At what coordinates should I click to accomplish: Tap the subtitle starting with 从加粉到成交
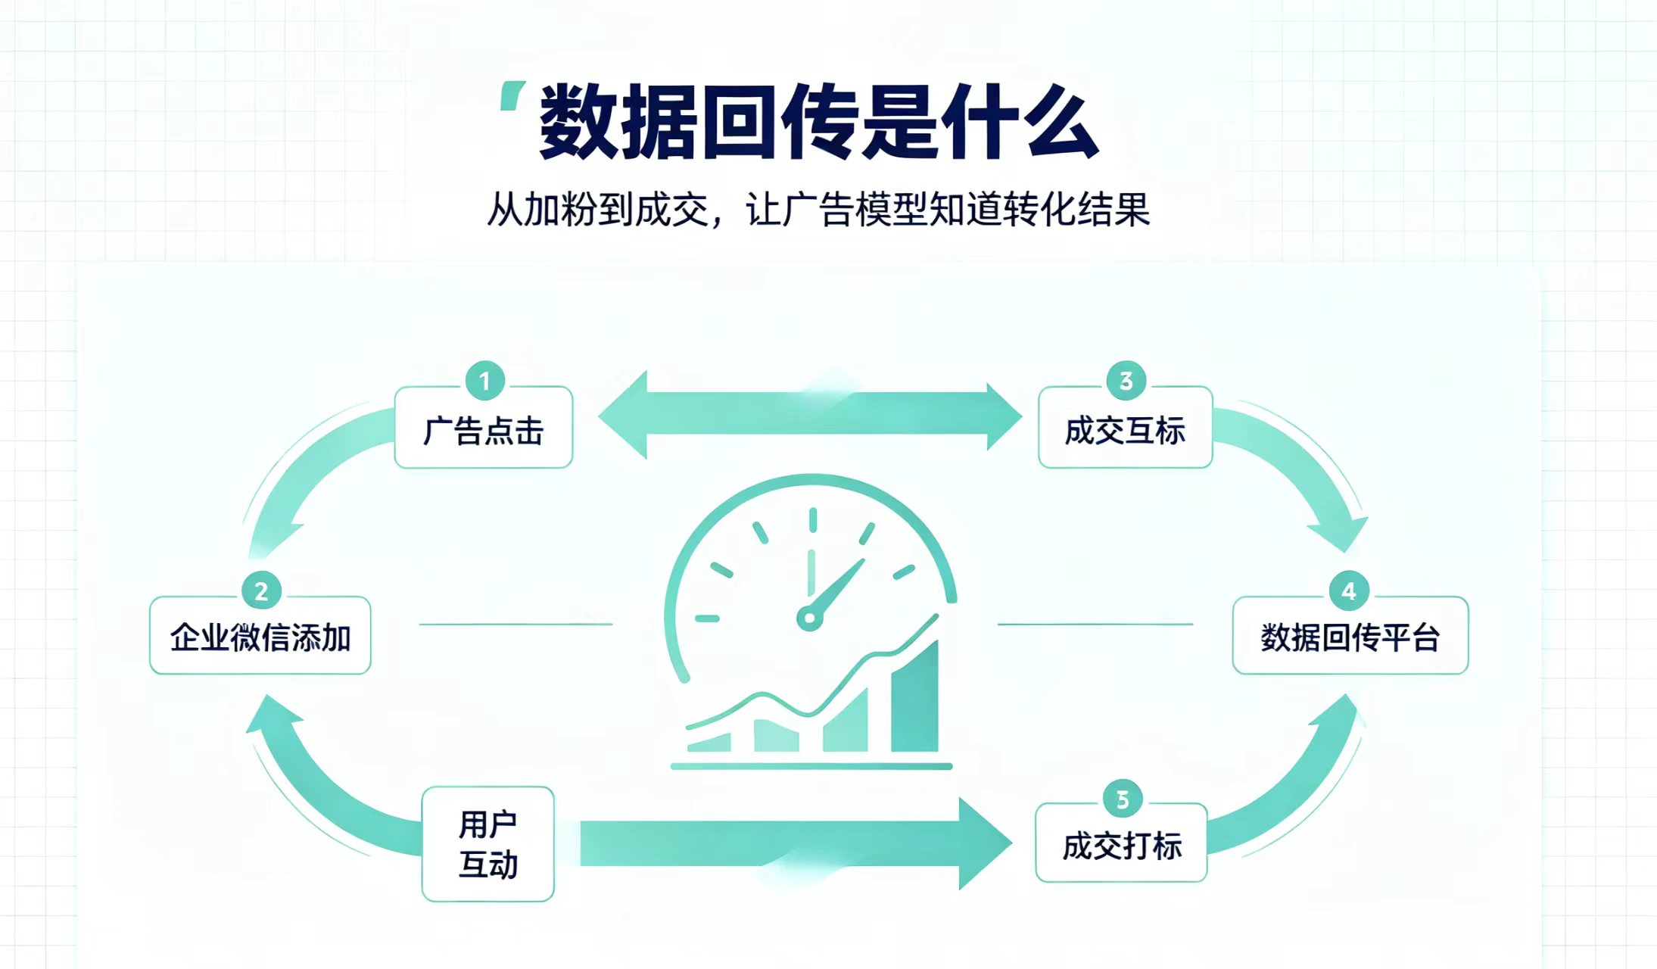(818, 209)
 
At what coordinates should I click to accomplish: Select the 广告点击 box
(484, 428)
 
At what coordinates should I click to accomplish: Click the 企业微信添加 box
(260, 635)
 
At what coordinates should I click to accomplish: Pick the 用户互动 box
(488, 844)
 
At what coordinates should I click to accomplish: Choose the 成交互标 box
(1126, 428)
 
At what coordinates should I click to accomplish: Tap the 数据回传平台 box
(1350, 635)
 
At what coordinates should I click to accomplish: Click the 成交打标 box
(1121, 843)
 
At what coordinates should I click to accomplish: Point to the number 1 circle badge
(485, 381)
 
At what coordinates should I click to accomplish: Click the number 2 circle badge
(261, 590)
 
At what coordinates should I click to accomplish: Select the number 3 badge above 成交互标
(1126, 381)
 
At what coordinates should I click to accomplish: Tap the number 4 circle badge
(1349, 590)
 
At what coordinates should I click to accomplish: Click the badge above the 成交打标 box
(1123, 799)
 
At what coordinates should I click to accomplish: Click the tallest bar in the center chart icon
(914, 696)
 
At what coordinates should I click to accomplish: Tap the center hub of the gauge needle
(809, 618)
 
